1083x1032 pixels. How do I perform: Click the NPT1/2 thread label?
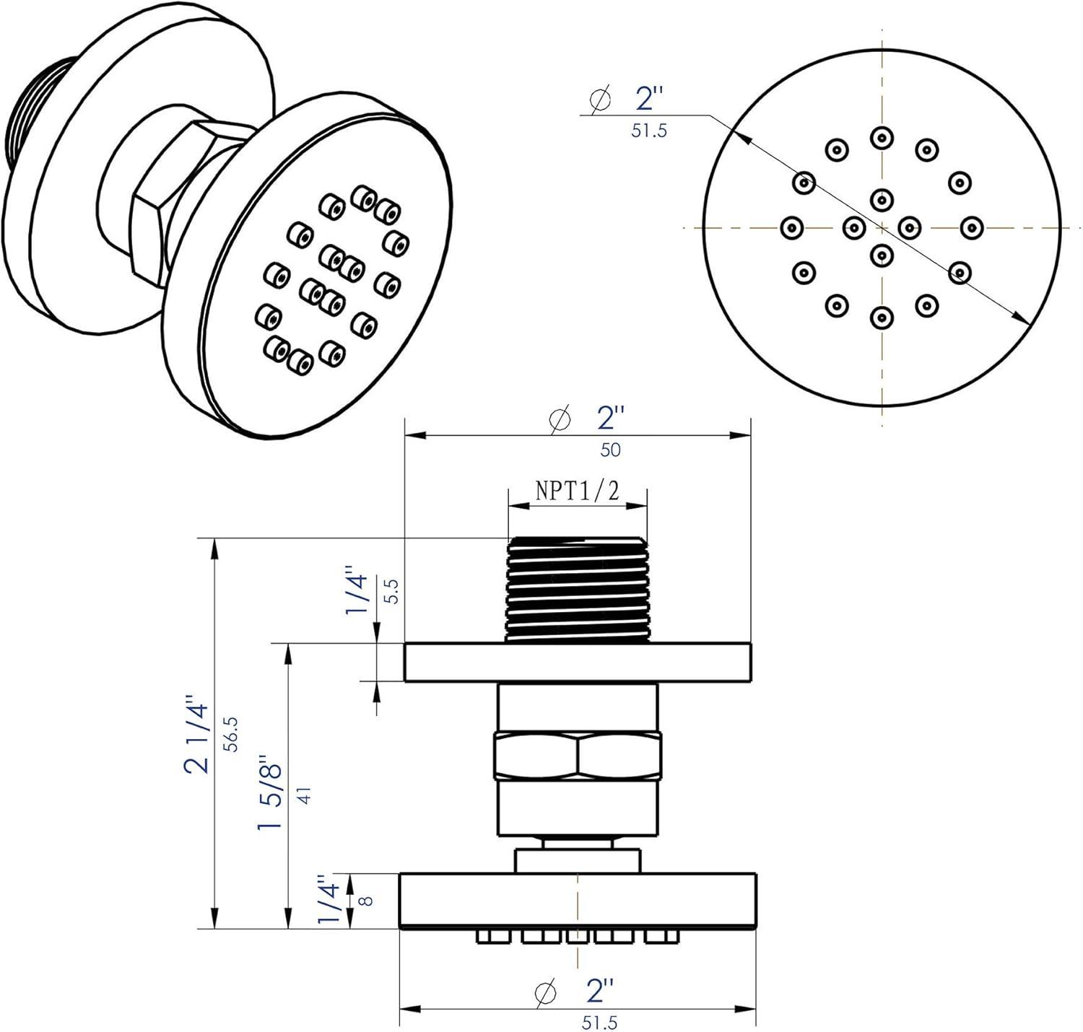pos(577,491)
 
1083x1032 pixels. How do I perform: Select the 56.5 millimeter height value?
pos(231,734)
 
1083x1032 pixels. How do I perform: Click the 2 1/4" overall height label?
pos(197,734)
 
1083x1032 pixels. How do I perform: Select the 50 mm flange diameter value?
pos(610,450)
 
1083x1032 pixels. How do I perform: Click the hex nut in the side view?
pos(578,756)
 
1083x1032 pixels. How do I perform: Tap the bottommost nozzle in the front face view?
pos(881,317)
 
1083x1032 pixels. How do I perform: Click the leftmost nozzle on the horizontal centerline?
pos(792,227)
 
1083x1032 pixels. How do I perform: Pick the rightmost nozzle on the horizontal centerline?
pos(970,227)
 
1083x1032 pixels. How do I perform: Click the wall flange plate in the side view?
pos(578,663)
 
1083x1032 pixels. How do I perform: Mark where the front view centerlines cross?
pos(881,227)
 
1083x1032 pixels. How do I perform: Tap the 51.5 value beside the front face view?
pos(648,131)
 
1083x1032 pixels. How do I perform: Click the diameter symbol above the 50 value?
pos(560,419)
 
